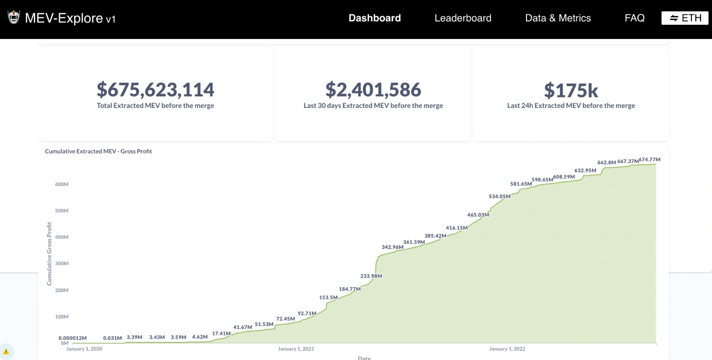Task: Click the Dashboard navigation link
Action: tap(374, 18)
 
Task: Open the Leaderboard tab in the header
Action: tap(463, 18)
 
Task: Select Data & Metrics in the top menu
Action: tap(558, 18)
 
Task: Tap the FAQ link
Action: tap(634, 18)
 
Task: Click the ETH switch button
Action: tap(685, 18)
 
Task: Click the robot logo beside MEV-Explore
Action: tap(14, 18)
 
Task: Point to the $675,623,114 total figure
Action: tap(155, 90)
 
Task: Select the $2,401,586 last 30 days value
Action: tap(373, 90)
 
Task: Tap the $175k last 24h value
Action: tap(571, 90)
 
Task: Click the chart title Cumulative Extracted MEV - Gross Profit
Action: tap(98, 152)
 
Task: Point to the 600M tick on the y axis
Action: tap(61, 184)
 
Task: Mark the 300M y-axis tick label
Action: tap(61, 264)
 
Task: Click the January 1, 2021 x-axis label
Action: tap(296, 349)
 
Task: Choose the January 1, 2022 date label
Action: tap(507, 349)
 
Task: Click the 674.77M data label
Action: tap(649, 160)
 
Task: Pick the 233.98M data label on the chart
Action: tap(371, 276)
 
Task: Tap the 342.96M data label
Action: tap(392, 247)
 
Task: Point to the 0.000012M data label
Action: tap(72, 338)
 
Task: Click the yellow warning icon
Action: tap(6, 351)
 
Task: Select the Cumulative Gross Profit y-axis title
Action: tap(49, 255)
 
